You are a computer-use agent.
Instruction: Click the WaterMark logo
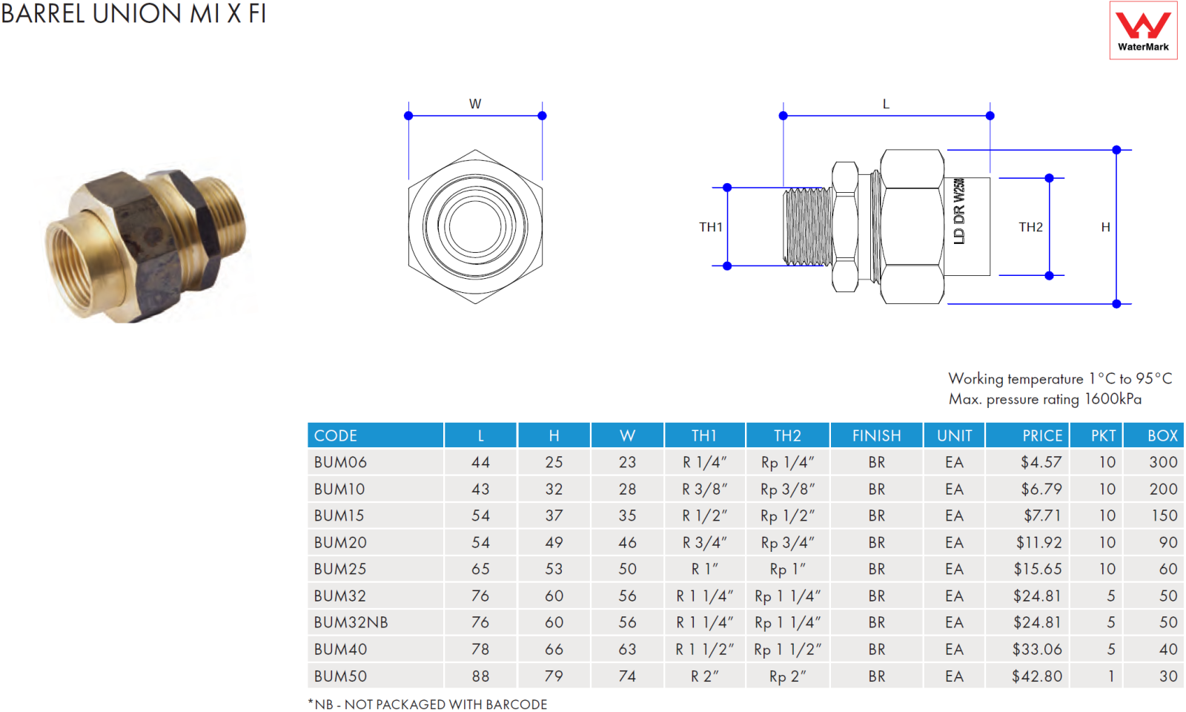pyautogui.click(x=1143, y=30)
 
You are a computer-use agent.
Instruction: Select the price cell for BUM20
pyautogui.click(x=1038, y=542)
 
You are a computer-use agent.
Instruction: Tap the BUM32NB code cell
pyautogui.click(x=351, y=622)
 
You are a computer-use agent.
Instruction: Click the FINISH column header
pyautogui.click(x=876, y=435)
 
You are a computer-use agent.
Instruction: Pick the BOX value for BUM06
pyautogui.click(x=1163, y=462)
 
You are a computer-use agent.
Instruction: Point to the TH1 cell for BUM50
pyautogui.click(x=705, y=676)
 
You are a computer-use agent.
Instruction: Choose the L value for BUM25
pyautogui.click(x=480, y=569)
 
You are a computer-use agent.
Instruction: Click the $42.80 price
pyautogui.click(x=1037, y=676)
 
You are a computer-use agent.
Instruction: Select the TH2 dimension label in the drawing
pyautogui.click(x=1030, y=227)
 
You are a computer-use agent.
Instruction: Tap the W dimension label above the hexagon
pyautogui.click(x=475, y=104)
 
